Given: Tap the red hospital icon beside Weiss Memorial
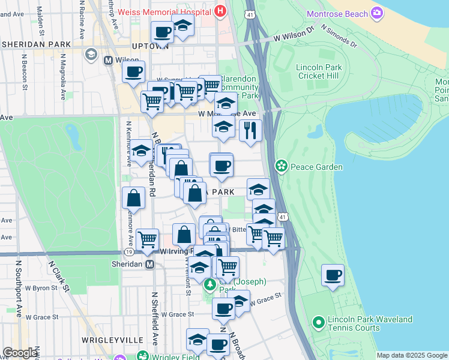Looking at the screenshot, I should tap(221, 11).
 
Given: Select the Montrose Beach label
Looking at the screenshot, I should tap(338, 14).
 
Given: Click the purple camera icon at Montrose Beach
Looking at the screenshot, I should tap(377, 13).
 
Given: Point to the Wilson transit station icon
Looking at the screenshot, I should tap(109, 61).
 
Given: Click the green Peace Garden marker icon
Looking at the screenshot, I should tap(281, 166).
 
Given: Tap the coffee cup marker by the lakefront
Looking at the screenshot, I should tap(333, 275).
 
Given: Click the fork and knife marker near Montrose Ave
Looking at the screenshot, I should tap(250, 130).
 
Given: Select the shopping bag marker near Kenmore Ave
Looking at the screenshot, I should tap(133, 198).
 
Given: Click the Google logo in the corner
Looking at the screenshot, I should tap(20, 353).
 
